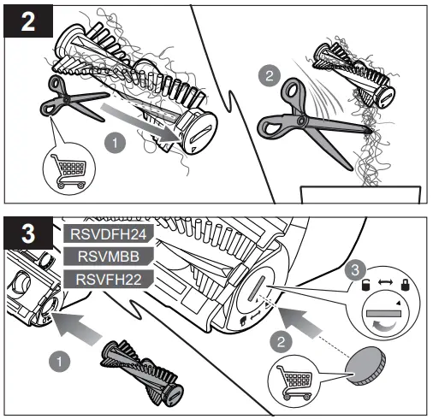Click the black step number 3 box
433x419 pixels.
(26, 232)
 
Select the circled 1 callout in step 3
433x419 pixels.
(57, 360)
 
